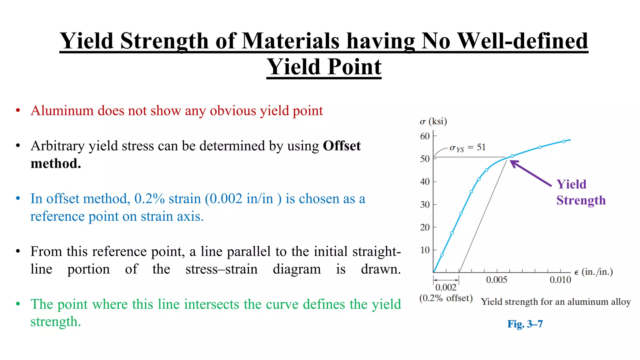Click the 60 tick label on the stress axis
point(425,136)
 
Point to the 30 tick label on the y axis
point(425,205)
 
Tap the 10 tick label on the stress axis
point(425,250)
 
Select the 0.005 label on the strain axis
point(497,280)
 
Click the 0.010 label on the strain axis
point(560,280)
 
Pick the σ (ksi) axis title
point(433,121)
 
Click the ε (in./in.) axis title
point(593,272)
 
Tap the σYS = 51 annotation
point(467,147)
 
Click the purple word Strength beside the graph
point(581,200)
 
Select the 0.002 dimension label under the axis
point(446,287)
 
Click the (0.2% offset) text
point(446,298)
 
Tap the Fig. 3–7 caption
point(525,324)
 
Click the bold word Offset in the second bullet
point(342,146)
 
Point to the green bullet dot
point(18,304)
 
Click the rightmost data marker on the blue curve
point(563,142)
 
